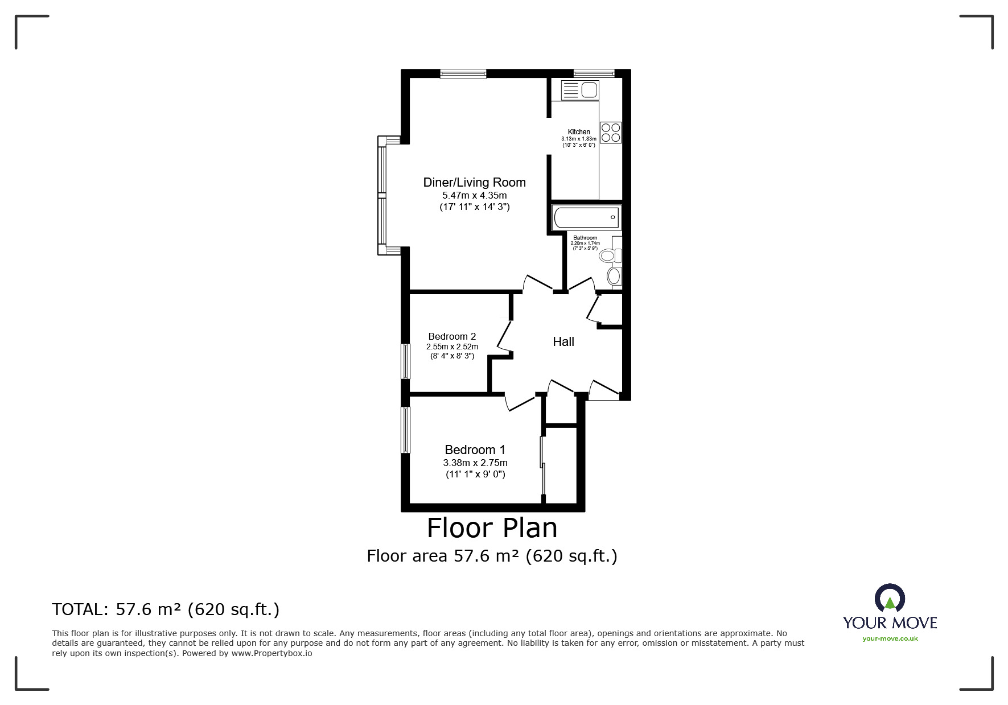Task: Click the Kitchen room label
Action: click(x=579, y=132)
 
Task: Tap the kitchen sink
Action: click(x=580, y=90)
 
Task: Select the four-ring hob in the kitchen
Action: click(x=611, y=133)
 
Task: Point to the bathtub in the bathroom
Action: click(x=586, y=217)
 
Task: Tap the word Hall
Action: click(x=563, y=341)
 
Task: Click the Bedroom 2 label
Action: click(x=452, y=336)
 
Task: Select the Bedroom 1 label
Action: click(x=475, y=450)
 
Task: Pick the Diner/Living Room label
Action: click(x=475, y=182)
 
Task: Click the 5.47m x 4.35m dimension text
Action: click(x=475, y=195)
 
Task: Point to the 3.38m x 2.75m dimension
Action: click(x=475, y=463)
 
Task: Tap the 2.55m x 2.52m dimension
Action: click(x=452, y=347)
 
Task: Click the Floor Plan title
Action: click(x=492, y=527)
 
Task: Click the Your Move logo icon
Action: click(x=890, y=599)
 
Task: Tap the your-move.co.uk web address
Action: click(x=890, y=638)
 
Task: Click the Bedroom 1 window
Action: click(x=405, y=430)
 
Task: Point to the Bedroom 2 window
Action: click(x=405, y=361)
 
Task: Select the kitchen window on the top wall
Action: click(x=594, y=73)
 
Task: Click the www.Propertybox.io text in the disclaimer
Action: click(x=271, y=653)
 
